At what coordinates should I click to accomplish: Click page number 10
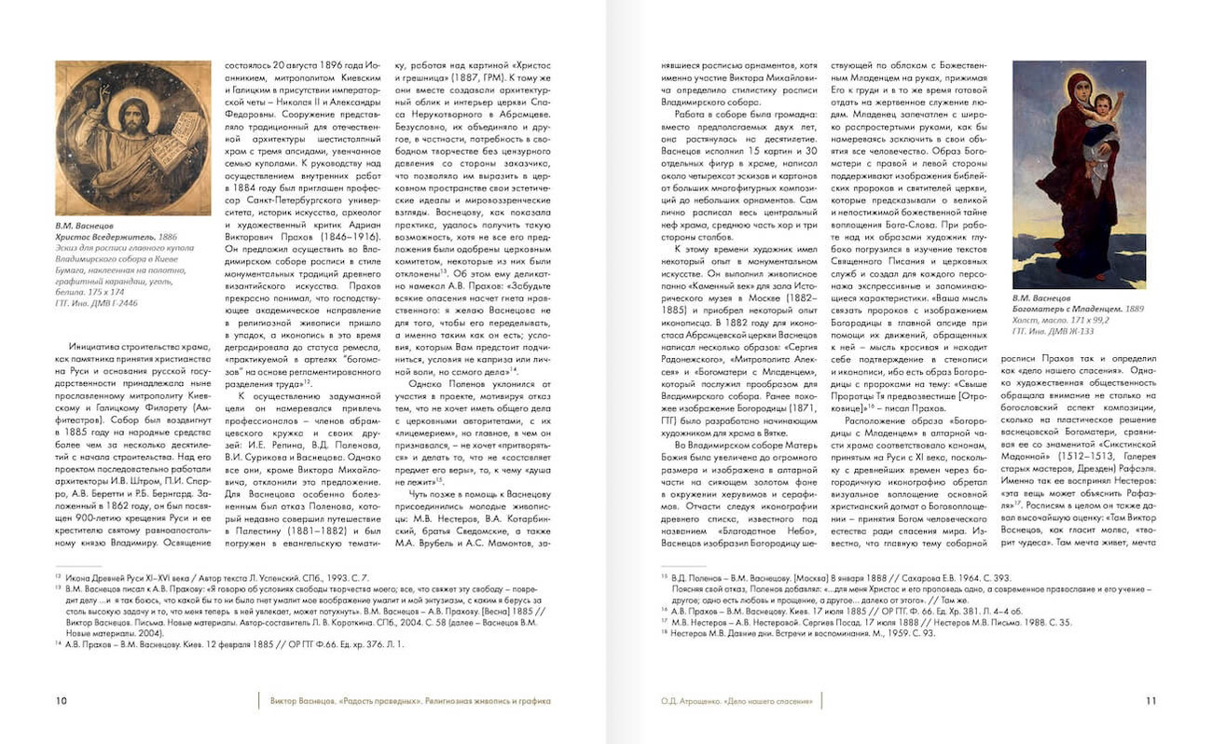pos(61,700)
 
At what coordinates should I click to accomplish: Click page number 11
pos(1150,700)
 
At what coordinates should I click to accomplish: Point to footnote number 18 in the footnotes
pos(665,633)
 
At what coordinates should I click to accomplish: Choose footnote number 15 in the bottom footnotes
pos(665,578)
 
